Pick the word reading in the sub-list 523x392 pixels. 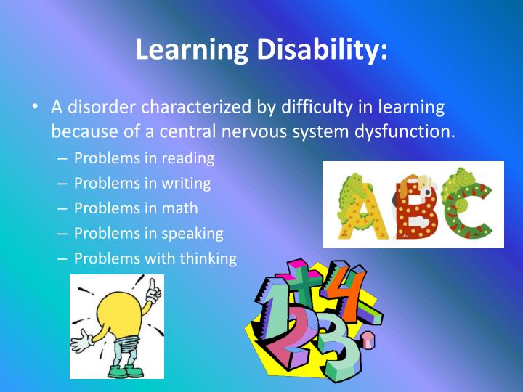[189, 158]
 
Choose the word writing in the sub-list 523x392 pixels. [187, 183]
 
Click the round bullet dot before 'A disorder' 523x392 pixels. [35, 108]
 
